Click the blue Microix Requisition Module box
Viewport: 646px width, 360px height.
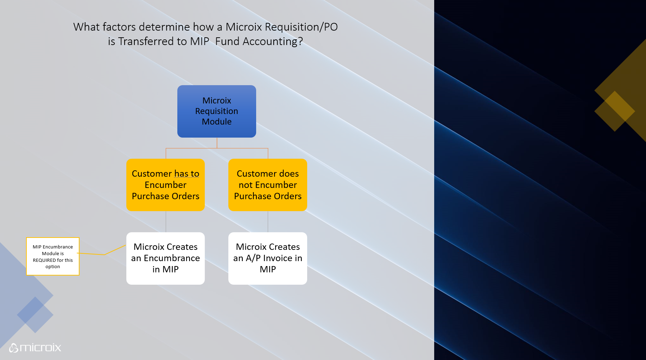coord(216,111)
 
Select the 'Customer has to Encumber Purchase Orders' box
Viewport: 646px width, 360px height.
coord(165,185)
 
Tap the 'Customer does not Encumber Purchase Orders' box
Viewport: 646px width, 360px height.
coord(267,185)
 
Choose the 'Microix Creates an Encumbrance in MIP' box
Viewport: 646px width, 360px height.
coord(165,258)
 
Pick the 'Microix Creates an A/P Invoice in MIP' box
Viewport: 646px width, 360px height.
coord(267,258)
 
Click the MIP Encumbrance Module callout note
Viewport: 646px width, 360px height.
coord(53,256)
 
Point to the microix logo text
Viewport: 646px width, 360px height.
coord(40,348)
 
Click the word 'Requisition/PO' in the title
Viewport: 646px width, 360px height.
coord(301,27)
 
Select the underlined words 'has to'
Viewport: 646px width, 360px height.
coord(186,174)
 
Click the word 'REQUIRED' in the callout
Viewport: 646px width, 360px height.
coord(44,260)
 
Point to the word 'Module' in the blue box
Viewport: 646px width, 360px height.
coord(216,122)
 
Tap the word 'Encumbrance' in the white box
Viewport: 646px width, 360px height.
coord(172,258)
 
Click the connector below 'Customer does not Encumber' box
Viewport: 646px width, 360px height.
coord(268,222)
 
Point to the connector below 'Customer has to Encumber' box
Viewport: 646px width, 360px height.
coord(166,222)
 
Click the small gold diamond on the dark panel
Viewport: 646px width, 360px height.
coord(615,111)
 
